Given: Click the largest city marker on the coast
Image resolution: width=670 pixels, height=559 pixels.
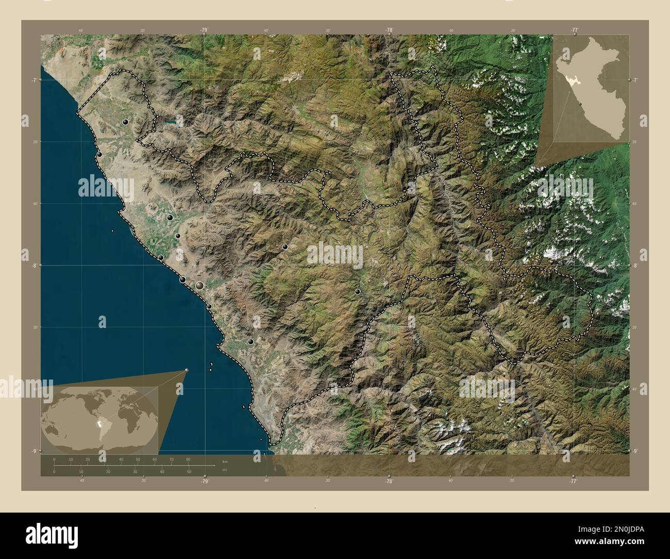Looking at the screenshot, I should pos(199,285).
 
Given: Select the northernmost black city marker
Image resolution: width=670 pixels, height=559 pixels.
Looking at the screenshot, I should pos(126,122).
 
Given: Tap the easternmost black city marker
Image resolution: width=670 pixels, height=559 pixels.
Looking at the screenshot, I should pos(358,292).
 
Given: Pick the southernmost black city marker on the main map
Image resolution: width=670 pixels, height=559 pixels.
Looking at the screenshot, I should pos(250,341).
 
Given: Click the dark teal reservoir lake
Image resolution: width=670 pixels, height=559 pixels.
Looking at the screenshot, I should pos(172,123).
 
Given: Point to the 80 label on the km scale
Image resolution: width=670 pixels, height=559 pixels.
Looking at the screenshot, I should pos(188,459).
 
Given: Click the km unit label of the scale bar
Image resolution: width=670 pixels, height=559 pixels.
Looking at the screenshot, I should pos(224,462).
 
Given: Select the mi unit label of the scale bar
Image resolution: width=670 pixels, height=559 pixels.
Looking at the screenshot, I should pos(224,470).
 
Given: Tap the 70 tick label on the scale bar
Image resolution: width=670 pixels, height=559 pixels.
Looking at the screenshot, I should pos(171,459).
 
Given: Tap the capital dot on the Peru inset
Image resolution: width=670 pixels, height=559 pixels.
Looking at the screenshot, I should pos(580,104).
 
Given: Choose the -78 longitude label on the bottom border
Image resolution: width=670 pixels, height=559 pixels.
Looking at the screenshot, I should pos(389,481).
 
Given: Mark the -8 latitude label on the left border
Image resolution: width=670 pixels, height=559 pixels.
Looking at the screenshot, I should pos(33,266).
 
